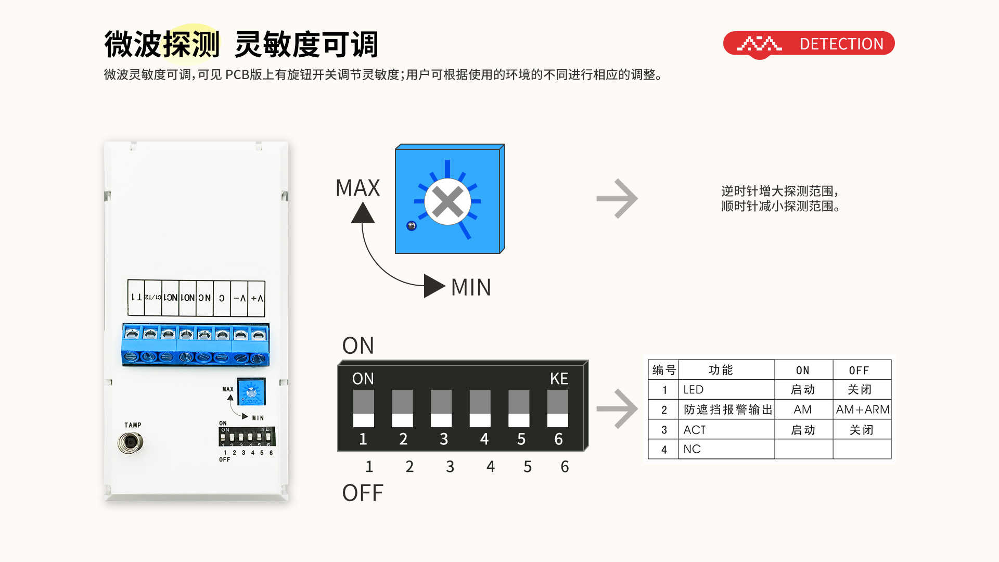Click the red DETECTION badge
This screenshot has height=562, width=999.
(x=809, y=44)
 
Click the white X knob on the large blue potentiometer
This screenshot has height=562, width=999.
(x=447, y=201)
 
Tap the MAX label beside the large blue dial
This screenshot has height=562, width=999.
(x=357, y=188)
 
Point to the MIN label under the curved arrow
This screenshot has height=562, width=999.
(x=471, y=287)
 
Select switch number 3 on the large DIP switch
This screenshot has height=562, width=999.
(x=441, y=408)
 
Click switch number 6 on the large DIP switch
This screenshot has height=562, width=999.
(x=558, y=408)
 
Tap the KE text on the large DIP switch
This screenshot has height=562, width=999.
(x=559, y=379)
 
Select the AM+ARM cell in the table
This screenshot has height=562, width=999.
(x=862, y=410)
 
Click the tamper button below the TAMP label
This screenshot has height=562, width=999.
(x=130, y=443)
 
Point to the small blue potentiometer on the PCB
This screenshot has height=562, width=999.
(x=251, y=392)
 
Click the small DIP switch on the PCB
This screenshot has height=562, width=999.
(x=247, y=437)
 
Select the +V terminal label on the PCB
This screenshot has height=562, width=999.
(x=257, y=298)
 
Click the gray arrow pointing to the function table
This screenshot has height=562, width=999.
(x=617, y=409)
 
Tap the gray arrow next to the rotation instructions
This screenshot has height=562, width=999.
(x=617, y=198)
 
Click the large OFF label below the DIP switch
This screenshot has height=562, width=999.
(x=363, y=493)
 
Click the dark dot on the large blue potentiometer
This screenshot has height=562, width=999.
(x=412, y=226)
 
